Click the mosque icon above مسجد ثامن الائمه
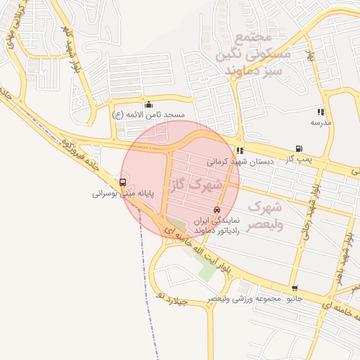pos(148,105)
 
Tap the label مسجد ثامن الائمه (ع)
pos(148,114)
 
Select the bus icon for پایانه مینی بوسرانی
pos(123,182)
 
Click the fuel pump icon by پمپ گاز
pos(300,149)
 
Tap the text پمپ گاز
pos(300,160)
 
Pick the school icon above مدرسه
pos(321,112)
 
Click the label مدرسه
pos(321,122)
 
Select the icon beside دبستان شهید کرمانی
pos(240,150)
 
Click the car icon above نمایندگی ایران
pos(216,210)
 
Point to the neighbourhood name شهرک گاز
pos(195,186)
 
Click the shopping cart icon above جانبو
pos(294,288)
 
